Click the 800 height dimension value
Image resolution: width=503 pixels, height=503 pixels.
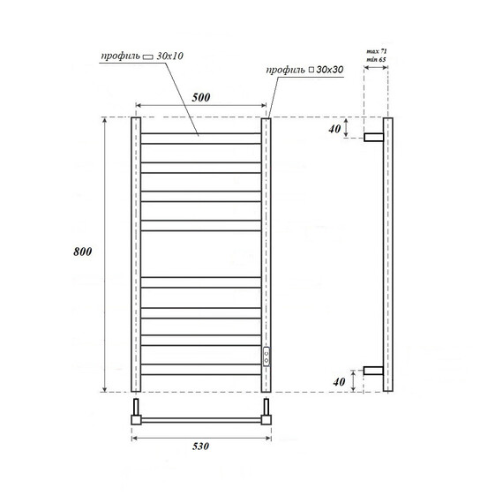click(85, 252)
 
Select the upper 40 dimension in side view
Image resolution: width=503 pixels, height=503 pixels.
click(334, 129)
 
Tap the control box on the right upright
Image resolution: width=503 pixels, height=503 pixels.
click(266, 356)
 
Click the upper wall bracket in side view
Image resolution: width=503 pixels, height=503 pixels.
click(374, 137)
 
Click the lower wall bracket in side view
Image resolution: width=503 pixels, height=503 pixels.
click(374, 371)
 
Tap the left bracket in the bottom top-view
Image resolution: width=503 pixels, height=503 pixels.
click(136, 411)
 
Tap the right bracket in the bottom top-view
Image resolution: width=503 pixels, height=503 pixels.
click(266, 411)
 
